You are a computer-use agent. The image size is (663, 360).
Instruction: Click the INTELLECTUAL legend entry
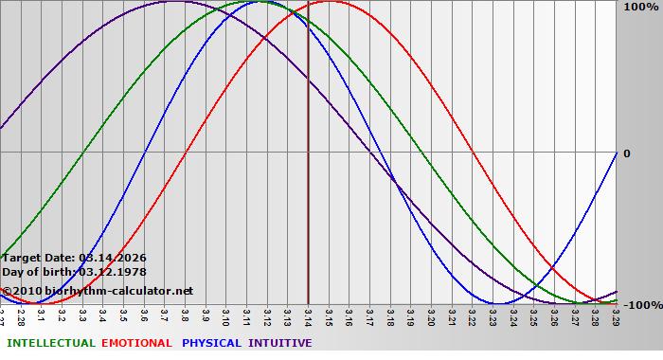pos(50,343)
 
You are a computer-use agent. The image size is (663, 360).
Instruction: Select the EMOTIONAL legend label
pos(136,343)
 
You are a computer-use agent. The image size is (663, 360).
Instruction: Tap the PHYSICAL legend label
pos(212,343)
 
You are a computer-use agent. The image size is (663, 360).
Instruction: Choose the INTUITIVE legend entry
pos(279,343)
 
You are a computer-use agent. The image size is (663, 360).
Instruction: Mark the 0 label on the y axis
pos(625,153)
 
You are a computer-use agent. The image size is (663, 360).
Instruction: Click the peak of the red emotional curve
pos(329,2)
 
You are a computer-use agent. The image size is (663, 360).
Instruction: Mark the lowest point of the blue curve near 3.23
pos(496,303)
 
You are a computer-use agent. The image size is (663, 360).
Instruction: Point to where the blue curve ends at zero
pos(616,153)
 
